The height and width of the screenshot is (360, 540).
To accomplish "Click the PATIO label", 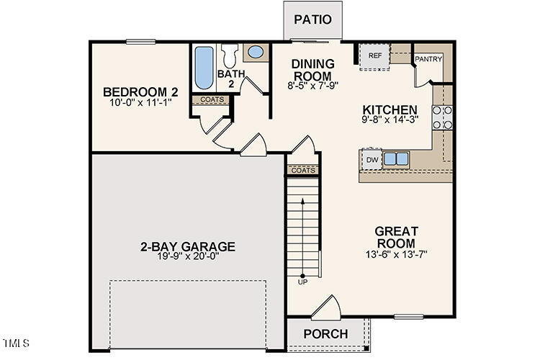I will tap(313, 19).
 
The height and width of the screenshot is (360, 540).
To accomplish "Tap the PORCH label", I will tap(325, 334).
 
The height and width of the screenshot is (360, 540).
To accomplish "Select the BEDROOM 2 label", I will tap(140, 91).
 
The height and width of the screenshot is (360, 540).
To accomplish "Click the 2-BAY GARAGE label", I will tap(188, 247).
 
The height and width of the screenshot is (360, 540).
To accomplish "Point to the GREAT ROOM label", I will tap(397, 237).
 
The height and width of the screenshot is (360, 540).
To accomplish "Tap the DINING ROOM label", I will tap(312, 70).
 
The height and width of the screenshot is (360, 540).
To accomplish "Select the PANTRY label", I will tap(428, 59).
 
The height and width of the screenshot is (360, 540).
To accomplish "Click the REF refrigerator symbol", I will tap(374, 56).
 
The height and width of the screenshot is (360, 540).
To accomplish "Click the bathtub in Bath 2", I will tap(202, 68).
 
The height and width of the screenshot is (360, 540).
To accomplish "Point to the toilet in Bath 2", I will tap(230, 55).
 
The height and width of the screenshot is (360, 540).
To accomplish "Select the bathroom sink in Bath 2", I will tap(254, 52).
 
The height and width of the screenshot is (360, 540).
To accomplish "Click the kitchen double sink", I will tap(396, 158).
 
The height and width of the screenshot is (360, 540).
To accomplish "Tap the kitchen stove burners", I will tap(442, 117).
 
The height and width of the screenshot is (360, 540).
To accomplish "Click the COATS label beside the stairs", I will tap(303, 171).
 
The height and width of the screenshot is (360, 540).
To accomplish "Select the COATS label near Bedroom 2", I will tap(212, 100).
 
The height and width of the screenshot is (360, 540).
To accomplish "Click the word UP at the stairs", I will tap(302, 282).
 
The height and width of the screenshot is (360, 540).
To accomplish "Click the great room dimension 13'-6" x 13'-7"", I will tap(397, 254).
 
